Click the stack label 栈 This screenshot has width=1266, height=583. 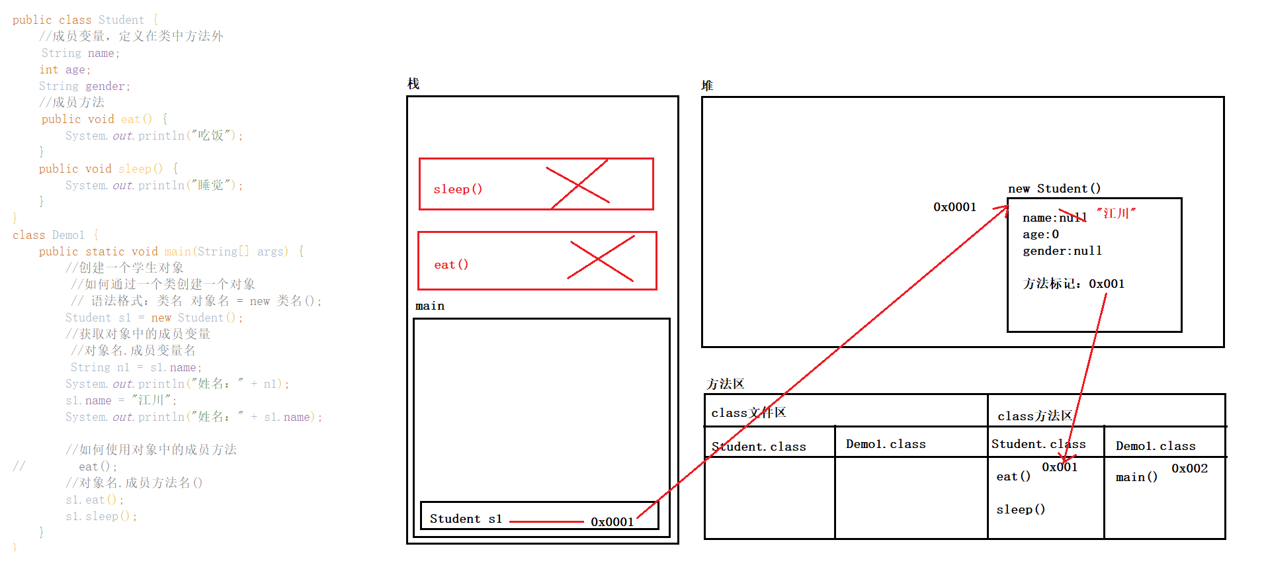(413, 84)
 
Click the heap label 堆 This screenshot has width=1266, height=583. (707, 85)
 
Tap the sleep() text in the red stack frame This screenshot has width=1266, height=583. (458, 189)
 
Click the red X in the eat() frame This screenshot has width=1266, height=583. (601, 259)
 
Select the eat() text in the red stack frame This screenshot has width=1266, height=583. (451, 265)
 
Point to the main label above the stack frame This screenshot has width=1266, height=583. (430, 306)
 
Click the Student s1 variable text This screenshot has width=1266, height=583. (466, 519)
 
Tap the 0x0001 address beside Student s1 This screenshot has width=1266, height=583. (612, 522)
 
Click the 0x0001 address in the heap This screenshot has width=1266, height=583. (954, 207)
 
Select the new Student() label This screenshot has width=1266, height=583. (1054, 189)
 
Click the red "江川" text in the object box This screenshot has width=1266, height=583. (1116, 213)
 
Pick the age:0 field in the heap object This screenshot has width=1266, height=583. (1040, 234)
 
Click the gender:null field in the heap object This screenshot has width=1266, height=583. (1062, 251)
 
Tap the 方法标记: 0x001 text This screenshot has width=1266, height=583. (1074, 284)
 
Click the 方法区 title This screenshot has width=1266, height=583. (725, 384)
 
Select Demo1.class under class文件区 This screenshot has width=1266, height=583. (886, 444)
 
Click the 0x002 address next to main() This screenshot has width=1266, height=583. (1189, 469)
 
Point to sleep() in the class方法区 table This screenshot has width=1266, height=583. (1021, 510)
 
